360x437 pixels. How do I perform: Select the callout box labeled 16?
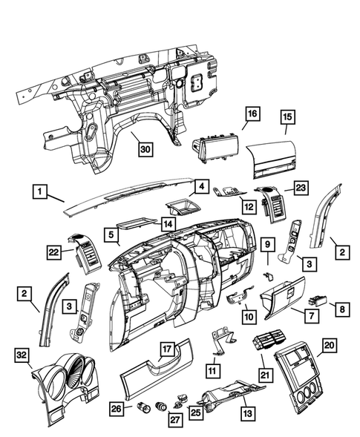pyautogui.click(x=252, y=114)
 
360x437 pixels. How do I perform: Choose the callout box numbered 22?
pyautogui.click(x=53, y=252)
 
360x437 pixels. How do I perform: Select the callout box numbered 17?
pyautogui.click(x=167, y=348)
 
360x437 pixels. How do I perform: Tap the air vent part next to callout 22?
pyautogui.click(x=83, y=254)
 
